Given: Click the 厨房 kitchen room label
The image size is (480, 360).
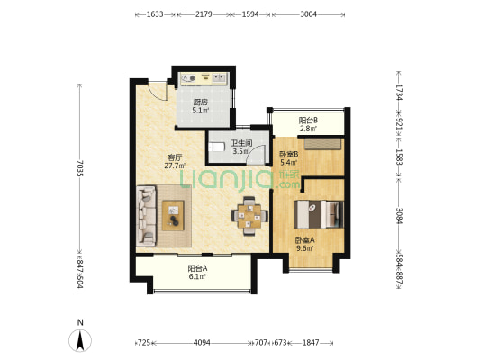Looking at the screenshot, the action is (x=200, y=103).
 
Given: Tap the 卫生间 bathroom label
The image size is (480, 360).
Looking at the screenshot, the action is (x=241, y=143).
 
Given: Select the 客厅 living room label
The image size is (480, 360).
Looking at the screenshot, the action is (x=175, y=157).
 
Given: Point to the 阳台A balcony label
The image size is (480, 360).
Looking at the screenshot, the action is (x=197, y=268).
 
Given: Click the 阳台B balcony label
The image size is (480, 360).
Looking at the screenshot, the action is (x=308, y=121).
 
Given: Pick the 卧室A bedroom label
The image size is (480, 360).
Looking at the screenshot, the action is (x=304, y=240).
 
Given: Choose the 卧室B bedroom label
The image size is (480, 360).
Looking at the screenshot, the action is (x=289, y=155).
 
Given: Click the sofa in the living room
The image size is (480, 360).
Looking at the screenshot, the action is (x=146, y=216).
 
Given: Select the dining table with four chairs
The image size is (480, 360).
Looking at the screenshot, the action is (x=249, y=216).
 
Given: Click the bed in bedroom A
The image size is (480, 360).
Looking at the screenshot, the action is (x=319, y=214).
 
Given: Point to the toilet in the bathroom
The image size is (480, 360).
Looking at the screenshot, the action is (x=217, y=147).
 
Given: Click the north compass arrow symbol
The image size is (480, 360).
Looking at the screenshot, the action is (x=80, y=340).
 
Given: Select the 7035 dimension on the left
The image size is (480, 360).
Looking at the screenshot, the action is (x=80, y=168).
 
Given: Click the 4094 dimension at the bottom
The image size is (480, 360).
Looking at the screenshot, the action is (x=202, y=343).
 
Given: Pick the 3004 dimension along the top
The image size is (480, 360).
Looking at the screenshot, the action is (x=308, y=14).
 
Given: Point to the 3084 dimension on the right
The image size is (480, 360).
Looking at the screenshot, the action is (x=399, y=216).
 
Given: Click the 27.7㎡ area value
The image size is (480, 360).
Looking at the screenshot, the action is (x=175, y=166).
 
